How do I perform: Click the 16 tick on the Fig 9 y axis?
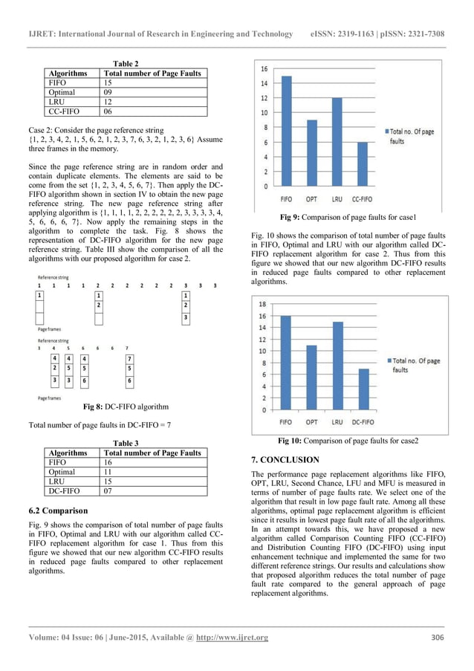click(264, 69)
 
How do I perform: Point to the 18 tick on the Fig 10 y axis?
click(262, 304)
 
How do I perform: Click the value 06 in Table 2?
click(108, 111)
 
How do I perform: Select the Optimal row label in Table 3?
click(61, 471)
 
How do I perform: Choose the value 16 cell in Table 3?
click(108, 461)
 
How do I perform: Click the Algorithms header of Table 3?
click(72, 453)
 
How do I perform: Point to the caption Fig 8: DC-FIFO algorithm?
click(126, 406)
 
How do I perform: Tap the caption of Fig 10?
click(348, 441)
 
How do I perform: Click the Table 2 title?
click(126, 64)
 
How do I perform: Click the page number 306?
click(437, 637)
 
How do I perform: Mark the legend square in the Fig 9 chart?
click(389, 132)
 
